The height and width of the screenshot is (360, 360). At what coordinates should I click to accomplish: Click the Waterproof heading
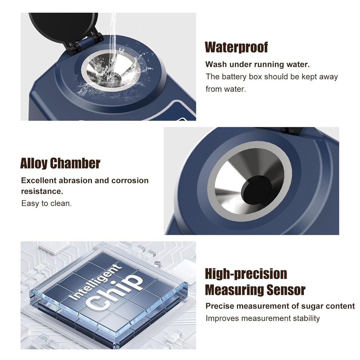(236, 47)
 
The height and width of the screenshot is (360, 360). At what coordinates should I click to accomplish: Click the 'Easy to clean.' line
(46, 203)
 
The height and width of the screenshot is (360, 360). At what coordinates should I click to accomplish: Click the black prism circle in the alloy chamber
(257, 189)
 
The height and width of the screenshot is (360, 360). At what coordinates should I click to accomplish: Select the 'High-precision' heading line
(246, 274)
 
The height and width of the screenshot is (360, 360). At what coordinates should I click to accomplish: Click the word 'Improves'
(222, 318)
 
